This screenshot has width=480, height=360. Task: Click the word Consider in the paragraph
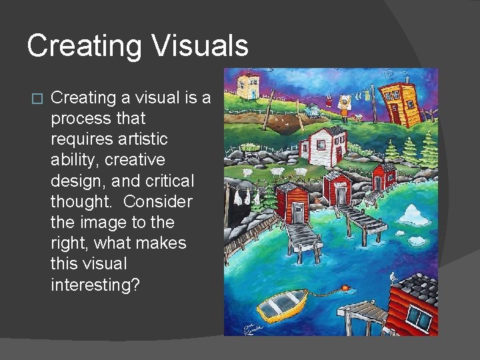coord(158,201)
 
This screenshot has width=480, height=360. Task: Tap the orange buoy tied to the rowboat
coord(345,289)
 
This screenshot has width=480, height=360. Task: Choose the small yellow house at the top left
coord(249,85)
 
